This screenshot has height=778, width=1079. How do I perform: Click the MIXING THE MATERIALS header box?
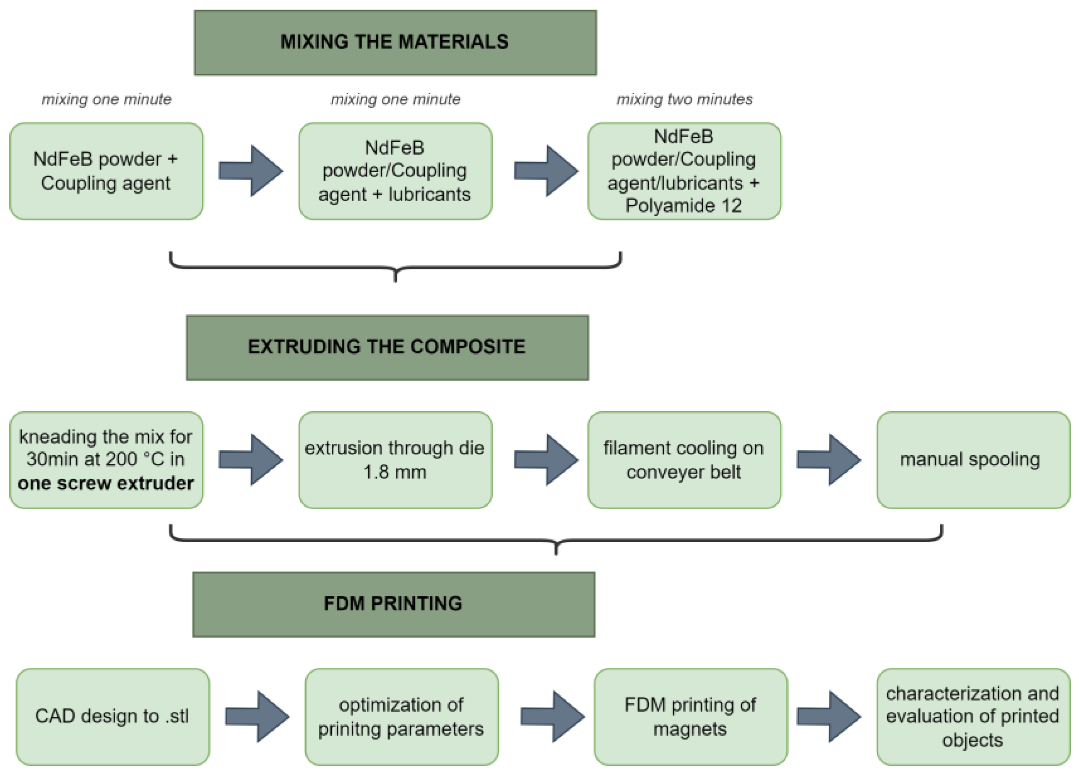click(395, 42)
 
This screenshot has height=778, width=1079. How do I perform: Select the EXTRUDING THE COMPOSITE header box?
click(387, 347)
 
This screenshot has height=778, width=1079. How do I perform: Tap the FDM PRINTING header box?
click(393, 604)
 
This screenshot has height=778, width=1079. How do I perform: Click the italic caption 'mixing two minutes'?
click(684, 99)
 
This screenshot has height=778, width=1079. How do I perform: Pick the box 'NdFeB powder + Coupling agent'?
click(106, 171)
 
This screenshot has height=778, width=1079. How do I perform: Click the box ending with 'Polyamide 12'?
click(684, 171)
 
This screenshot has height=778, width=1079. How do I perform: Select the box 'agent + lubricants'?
click(395, 171)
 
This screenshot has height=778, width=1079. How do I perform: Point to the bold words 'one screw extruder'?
click(106, 483)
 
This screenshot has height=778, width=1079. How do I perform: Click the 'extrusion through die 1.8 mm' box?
click(395, 460)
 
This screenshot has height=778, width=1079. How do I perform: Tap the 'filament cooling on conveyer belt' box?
click(684, 460)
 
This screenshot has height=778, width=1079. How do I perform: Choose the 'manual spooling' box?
click(973, 460)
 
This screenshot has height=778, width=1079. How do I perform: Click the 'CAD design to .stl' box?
click(112, 717)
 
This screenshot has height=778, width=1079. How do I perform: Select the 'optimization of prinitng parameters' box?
click(402, 717)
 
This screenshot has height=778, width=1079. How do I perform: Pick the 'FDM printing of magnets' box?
click(690, 717)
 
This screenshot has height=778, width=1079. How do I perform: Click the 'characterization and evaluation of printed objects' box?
click(973, 717)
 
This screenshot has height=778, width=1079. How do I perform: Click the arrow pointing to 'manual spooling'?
click(828, 460)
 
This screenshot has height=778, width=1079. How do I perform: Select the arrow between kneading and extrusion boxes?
click(251, 460)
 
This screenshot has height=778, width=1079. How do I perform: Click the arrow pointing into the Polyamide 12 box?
click(546, 171)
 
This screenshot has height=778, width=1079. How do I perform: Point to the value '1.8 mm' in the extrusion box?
click(395, 472)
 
